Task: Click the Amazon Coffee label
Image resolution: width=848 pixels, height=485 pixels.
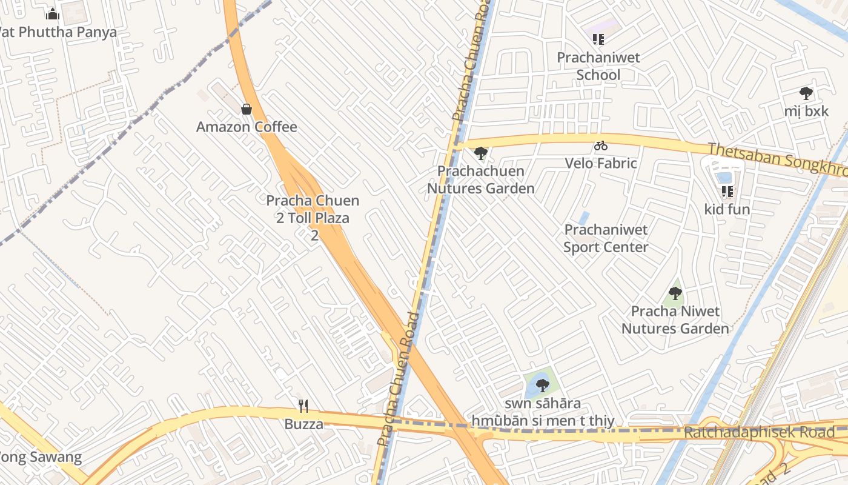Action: [x=247, y=127]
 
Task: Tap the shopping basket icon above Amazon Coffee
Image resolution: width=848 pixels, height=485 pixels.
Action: [x=247, y=109]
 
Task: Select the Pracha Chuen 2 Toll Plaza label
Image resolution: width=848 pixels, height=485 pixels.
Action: [x=313, y=209]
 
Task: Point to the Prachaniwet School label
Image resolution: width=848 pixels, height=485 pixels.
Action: [x=598, y=66]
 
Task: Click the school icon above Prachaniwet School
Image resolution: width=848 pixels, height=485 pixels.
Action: [x=598, y=39]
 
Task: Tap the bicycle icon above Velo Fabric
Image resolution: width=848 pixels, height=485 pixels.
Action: [x=601, y=145]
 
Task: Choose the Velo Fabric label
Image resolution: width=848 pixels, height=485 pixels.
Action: [x=601, y=163]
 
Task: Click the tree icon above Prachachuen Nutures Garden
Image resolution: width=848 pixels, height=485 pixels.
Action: [x=481, y=153]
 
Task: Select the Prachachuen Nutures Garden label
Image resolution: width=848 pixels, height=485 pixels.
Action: [x=481, y=179]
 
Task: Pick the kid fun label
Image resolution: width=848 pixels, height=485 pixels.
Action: [x=727, y=210]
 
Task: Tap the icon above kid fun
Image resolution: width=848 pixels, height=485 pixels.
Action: [x=727, y=192]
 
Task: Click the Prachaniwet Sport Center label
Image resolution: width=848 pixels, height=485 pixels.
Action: [x=606, y=238]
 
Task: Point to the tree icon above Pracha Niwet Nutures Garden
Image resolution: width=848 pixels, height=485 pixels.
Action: [x=675, y=294]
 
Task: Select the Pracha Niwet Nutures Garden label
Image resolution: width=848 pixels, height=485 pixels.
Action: [x=675, y=319]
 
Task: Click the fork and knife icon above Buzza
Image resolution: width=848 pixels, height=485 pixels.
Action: [x=303, y=406]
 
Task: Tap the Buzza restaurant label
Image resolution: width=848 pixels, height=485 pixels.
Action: [x=303, y=424]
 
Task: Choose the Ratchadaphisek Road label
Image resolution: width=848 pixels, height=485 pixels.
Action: [x=759, y=432]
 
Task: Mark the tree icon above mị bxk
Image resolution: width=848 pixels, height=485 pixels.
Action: [x=806, y=93]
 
